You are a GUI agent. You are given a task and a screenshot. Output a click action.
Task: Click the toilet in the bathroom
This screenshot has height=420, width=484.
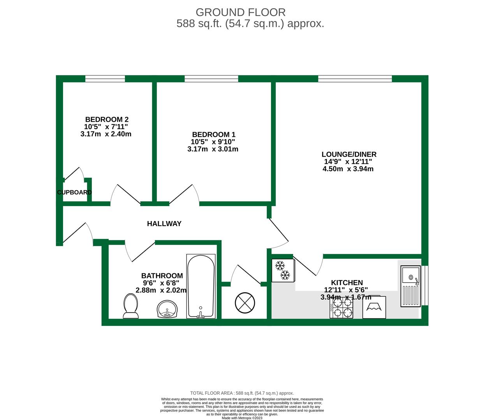point(131,306)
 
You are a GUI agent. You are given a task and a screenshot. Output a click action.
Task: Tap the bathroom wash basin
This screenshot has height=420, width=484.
point(167,310)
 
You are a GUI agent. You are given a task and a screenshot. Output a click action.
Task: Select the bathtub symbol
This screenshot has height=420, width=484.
point(201,287)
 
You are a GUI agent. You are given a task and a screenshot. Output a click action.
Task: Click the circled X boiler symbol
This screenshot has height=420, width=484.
point(245,303)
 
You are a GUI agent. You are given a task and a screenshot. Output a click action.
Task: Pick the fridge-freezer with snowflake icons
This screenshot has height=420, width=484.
point(283,270)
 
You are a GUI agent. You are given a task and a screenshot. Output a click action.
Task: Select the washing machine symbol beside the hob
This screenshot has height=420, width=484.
point(374,307)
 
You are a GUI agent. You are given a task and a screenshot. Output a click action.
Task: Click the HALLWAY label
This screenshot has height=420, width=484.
point(164,224)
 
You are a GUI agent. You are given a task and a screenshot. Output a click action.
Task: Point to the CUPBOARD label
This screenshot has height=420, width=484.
point(74,192)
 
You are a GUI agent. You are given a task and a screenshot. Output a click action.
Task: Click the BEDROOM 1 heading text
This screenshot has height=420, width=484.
point(213,135)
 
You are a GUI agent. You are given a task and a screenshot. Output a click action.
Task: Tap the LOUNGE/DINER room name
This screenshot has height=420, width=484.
point(349,154)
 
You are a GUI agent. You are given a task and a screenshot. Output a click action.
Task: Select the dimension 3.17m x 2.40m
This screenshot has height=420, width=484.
point(106,134)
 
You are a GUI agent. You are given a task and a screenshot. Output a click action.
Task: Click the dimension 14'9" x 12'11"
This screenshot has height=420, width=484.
point(348,162)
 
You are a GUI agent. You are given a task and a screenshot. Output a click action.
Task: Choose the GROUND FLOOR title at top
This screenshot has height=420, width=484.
point(240,12)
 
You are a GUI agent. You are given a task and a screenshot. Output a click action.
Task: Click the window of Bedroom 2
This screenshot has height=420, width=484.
point(105,79)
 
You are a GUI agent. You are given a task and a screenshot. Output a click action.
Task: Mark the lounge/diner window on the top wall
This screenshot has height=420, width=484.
point(355,79)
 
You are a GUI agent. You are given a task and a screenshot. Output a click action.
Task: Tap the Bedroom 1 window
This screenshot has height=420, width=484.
point(211,79)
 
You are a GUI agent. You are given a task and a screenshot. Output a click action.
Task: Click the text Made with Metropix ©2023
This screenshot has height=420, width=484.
point(242,418)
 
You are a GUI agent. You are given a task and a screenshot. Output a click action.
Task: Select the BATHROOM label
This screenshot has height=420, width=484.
point(162,276)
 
